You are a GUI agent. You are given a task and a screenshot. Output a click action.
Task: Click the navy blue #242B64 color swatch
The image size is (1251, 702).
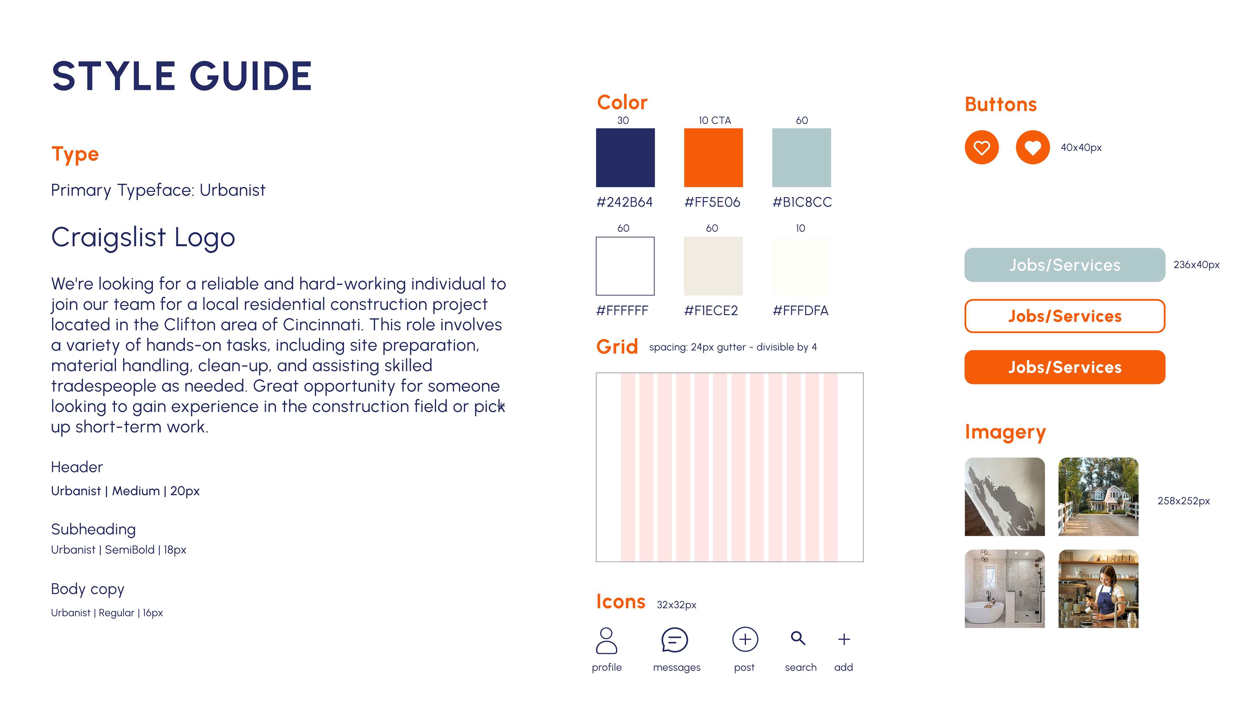click(625, 157)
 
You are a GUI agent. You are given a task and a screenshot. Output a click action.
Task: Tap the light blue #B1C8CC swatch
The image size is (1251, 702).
click(801, 157)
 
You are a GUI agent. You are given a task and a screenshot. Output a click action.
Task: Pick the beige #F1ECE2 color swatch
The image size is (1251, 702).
click(713, 266)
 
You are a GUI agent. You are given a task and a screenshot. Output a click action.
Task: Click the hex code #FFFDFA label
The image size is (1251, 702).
click(800, 311)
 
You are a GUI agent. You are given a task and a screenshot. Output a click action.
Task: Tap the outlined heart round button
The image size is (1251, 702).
click(982, 147)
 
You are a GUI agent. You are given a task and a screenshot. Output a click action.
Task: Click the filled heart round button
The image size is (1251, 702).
click(1032, 147)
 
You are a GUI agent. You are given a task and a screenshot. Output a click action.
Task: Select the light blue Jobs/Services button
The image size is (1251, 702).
click(1065, 265)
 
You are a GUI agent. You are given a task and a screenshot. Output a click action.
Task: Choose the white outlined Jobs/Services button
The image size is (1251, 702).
click(1065, 316)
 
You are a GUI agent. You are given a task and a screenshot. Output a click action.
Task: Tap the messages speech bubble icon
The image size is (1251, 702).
click(675, 640)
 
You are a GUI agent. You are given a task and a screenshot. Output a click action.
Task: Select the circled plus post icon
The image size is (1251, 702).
click(745, 639)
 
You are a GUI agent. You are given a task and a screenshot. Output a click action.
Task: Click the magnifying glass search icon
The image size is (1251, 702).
click(798, 638)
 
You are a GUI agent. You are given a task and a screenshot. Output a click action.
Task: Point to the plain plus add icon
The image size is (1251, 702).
click(844, 639)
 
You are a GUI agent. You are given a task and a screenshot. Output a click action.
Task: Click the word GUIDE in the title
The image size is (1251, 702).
click(250, 76)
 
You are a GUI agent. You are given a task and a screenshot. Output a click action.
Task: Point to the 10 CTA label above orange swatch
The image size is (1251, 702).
click(714, 120)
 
